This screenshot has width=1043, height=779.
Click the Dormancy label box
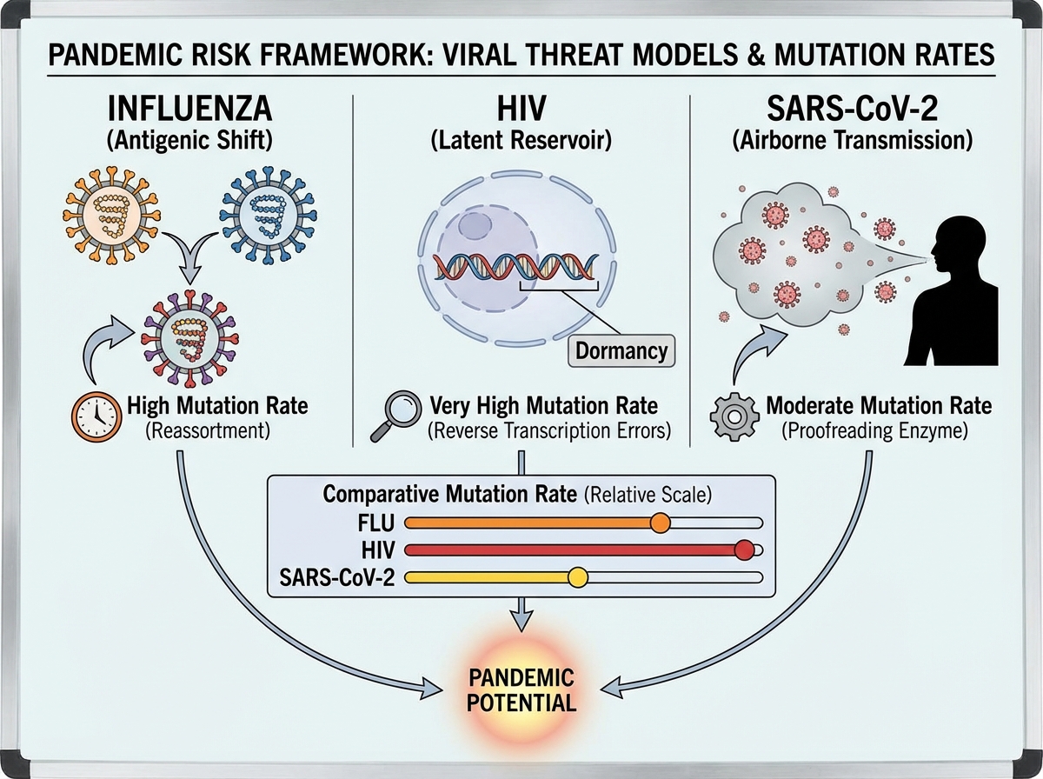coord(621,350)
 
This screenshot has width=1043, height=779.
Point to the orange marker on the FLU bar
coord(660,523)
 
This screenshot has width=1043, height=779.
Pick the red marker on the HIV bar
coord(743,549)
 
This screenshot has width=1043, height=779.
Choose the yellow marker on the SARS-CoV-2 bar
coord(577,576)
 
